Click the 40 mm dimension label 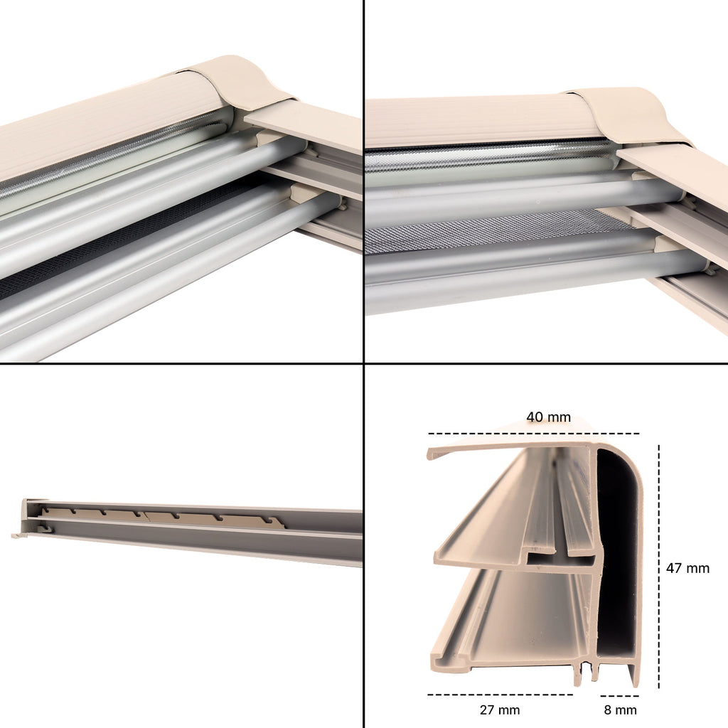548,417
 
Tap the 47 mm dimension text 687,568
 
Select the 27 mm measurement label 500,710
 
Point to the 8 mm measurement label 620,710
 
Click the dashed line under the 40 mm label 533,434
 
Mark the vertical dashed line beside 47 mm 659,567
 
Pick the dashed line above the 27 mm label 500,695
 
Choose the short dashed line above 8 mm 619,696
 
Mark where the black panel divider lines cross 363,363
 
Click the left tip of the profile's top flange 429,454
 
